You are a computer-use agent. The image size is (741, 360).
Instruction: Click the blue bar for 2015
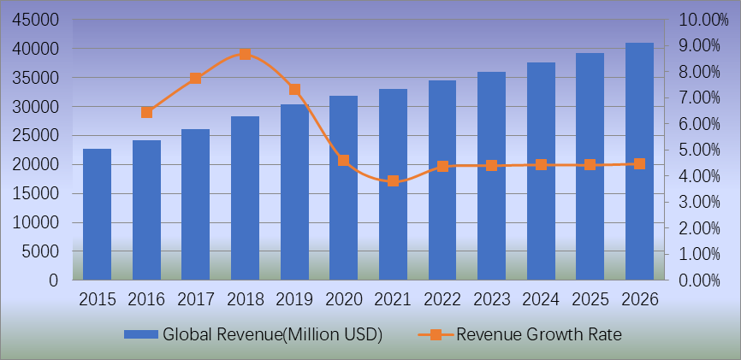click(x=97, y=215)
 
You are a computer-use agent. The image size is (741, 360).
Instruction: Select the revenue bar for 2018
click(x=245, y=198)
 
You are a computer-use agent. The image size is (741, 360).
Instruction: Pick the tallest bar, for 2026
click(x=639, y=162)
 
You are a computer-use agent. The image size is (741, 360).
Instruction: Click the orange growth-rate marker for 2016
click(x=146, y=112)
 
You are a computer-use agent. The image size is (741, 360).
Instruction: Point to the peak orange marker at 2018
click(x=245, y=54)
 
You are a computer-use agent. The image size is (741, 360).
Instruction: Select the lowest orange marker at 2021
click(x=393, y=180)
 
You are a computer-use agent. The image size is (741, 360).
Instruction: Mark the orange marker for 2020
click(x=343, y=160)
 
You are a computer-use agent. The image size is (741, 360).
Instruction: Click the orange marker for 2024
click(x=541, y=164)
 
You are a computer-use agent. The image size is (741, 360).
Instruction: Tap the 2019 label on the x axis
click(x=293, y=299)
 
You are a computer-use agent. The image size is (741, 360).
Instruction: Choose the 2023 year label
click(x=491, y=299)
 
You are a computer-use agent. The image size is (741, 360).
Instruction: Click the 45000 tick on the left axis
click(x=35, y=20)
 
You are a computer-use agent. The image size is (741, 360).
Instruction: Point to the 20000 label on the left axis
click(x=35, y=165)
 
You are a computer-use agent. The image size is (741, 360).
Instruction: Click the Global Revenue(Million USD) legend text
click(x=272, y=333)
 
